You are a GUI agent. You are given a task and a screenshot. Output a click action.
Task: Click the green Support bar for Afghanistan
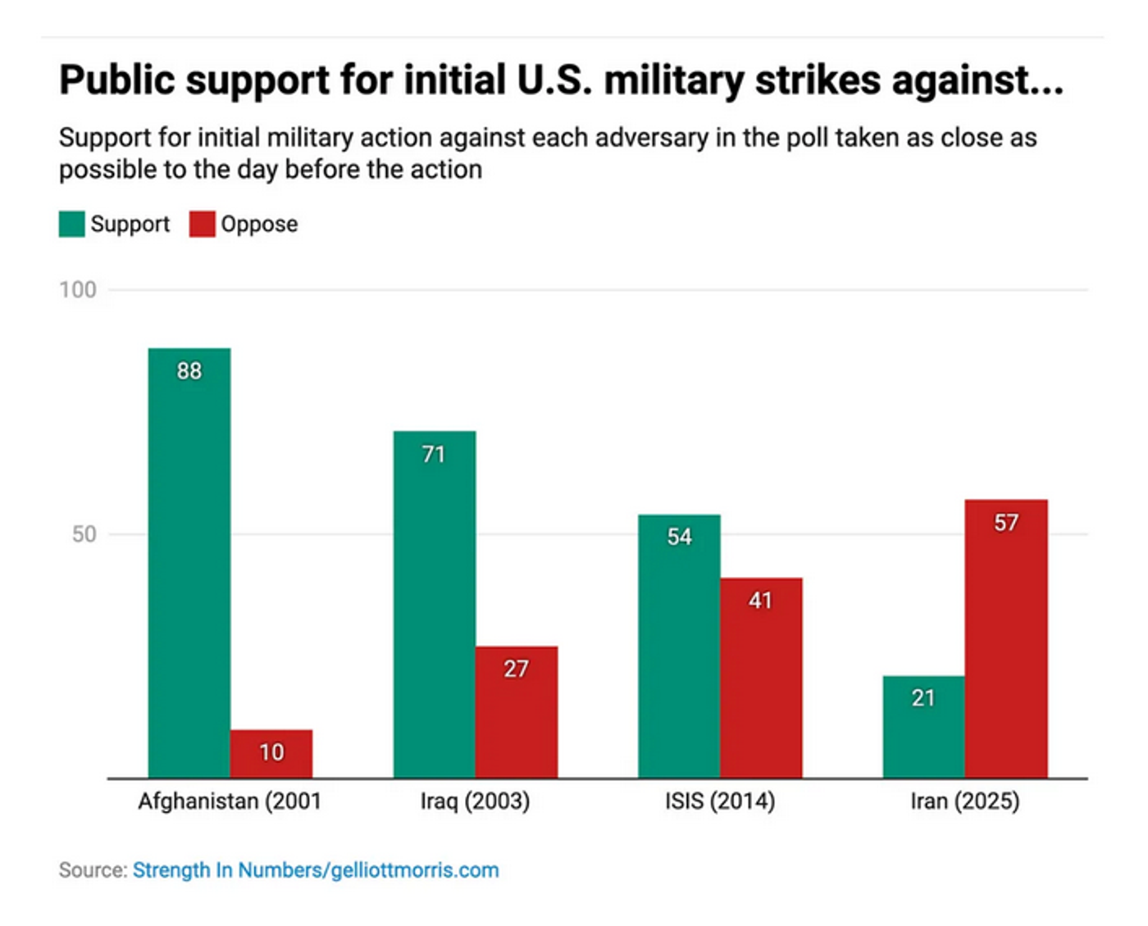tap(189, 565)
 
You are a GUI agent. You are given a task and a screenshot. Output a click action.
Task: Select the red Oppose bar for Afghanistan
tap(271, 754)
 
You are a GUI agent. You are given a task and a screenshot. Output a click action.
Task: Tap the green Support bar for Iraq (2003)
tap(434, 606)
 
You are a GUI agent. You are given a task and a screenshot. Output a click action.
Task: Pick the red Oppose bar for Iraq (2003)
tap(516, 713)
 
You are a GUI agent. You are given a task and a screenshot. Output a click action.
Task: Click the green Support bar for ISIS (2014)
tap(679, 647)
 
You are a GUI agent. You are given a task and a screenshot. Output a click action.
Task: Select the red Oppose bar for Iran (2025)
tap(1006, 639)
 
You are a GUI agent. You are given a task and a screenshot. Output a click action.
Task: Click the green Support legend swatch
tap(71, 224)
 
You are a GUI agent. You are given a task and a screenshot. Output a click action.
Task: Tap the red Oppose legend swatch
tap(202, 224)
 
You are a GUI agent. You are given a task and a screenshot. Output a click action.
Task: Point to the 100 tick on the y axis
tap(78, 290)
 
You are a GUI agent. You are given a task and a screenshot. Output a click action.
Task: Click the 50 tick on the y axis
tap(84, 534)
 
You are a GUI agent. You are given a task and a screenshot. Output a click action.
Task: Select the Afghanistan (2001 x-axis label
tap(230, 801)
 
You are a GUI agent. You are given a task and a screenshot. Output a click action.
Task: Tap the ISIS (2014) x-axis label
tap(720, 801)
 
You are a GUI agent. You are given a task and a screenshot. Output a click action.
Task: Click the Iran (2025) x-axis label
tap(965, 801)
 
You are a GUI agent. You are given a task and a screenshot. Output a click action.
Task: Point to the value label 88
tap(189, 371)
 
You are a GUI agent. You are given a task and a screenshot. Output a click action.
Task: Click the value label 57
tap(1006, 523)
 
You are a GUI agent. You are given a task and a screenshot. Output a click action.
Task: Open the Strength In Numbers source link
tap(316, 870)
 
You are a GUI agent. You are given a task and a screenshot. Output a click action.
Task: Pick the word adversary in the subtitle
tap(652, 138)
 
